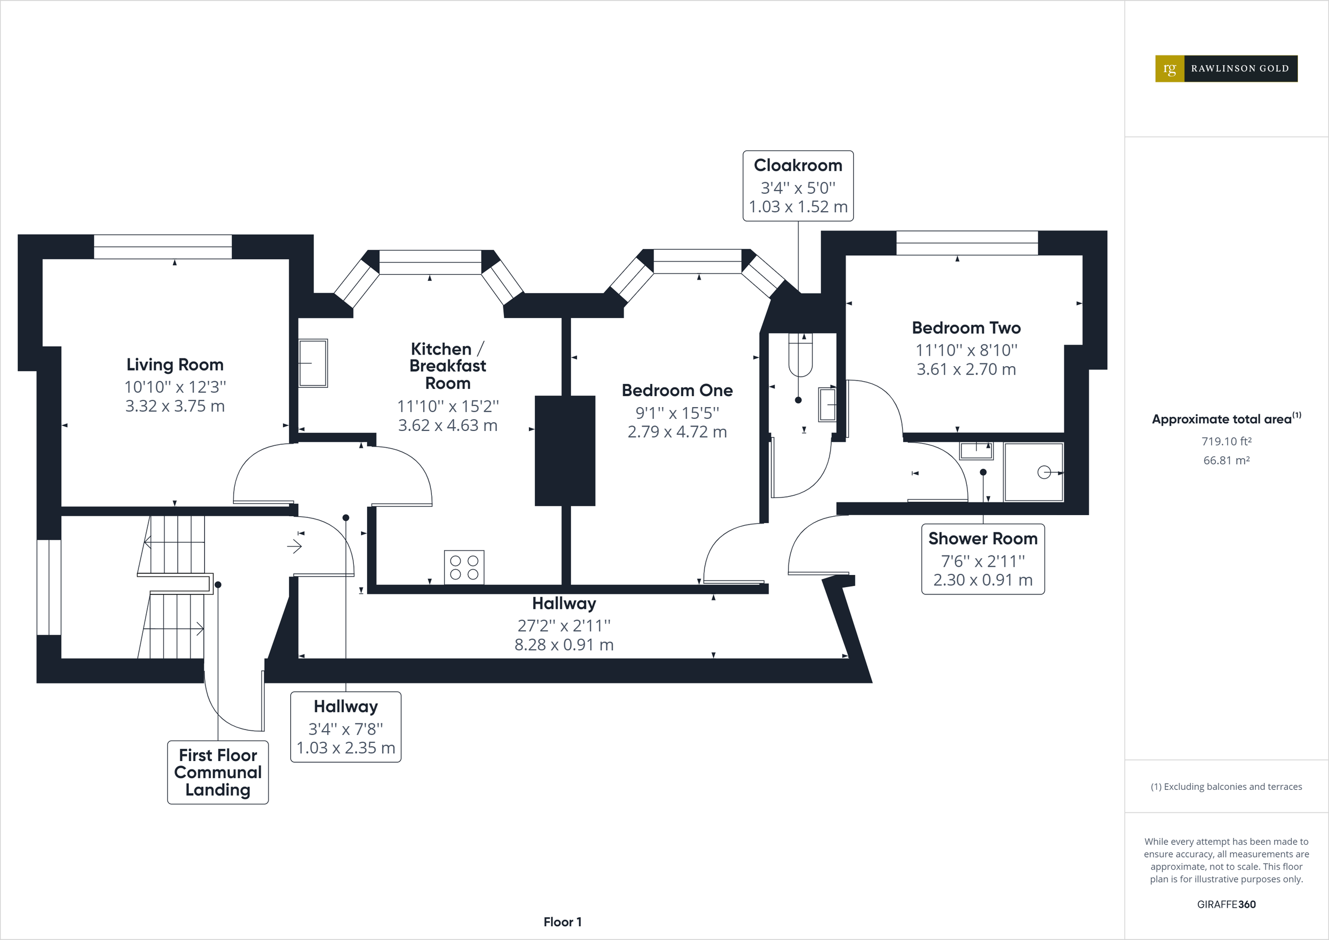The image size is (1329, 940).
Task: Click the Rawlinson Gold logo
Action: click(x=1226, y=68)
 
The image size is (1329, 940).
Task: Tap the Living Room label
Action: click(x=175, y=364)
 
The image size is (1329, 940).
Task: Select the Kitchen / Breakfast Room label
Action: click(x=447, y=366)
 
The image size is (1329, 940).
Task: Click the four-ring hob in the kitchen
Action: click(x=464, y=567)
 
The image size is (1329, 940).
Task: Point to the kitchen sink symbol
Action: click(x=312, y=363)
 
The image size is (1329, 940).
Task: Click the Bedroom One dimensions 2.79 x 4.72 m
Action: click(x=677, y=432)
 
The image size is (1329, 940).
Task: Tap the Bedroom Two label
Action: click(x=966, y=328)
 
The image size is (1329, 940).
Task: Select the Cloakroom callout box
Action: click(x=797, y=186)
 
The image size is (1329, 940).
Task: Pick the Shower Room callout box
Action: click(x=982, y=559)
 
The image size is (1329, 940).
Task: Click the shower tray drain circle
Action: click(x=1044, y=472)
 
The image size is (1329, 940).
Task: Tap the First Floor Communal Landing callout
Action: click(x=218, y=772)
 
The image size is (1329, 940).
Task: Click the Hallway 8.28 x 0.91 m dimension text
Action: click(x=564, y=645)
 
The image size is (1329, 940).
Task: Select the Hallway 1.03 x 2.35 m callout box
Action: click(x=346, y=727)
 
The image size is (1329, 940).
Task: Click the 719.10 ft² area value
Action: click(x=1226, y=441)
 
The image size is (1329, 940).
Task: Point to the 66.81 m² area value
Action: click(x=1226, y=460)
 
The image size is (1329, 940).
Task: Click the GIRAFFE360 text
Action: click(x=1226, y=904)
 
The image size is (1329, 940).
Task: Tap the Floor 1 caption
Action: click(x=562, y=922)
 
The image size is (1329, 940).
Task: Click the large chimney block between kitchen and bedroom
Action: click(x=564, y=450)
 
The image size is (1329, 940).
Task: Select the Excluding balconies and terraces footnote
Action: click(x=1226, y=787)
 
